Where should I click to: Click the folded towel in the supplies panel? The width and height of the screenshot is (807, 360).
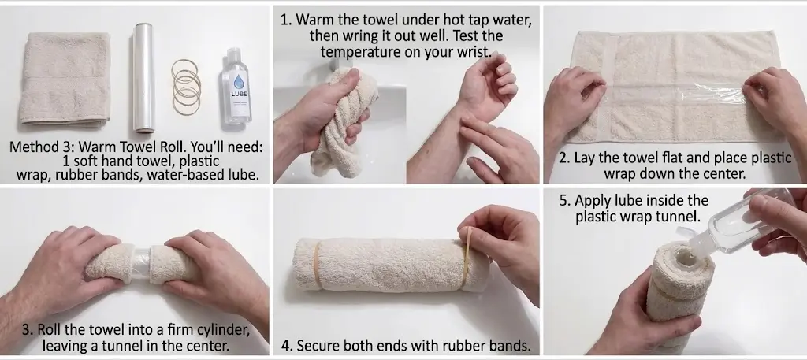click(65, 78)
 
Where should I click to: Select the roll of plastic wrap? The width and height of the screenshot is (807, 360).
click(143, 77)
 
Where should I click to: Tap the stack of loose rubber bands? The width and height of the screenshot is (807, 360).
click(186, 87)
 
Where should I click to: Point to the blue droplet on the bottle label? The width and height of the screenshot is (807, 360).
click(238, 82)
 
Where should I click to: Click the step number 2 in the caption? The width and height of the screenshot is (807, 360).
click(563, 158)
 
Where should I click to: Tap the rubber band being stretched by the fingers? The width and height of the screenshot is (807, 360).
click(467, 257)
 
